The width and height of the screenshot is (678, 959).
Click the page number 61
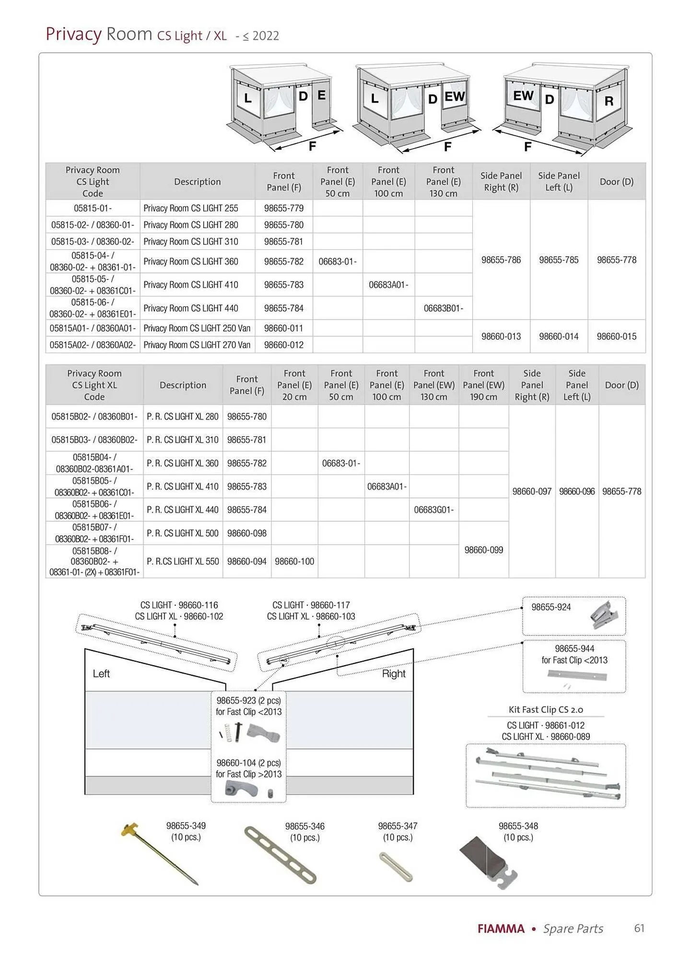click(639, 928)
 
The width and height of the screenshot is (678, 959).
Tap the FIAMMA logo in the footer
click(501, 929)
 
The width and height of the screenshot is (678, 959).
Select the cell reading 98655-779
click(283, 208)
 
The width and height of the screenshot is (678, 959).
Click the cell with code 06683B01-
click(443, 308)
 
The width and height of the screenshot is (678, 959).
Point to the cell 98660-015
click(616, 337)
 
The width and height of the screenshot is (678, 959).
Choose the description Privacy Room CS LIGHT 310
click(190, 242)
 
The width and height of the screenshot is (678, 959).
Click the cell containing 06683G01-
click(433, 510)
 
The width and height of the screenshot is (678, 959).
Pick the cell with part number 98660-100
click(294, 561)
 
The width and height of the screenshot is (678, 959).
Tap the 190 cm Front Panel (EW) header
click(483, 385)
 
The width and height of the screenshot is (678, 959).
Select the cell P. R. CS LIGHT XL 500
click(183, 533)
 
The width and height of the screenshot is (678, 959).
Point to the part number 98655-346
click(304, 826)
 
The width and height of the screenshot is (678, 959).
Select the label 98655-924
click(551, 607)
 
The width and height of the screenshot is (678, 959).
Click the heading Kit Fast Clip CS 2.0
click(546, 710)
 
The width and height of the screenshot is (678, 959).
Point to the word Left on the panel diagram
click(101, 674)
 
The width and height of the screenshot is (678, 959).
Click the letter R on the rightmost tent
click(608, 101)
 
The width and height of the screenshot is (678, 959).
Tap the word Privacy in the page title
click(73, 35)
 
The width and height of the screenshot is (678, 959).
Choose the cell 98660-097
click(532, 491)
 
